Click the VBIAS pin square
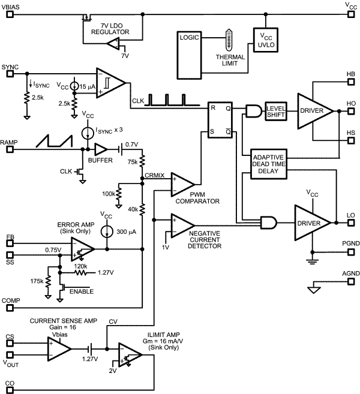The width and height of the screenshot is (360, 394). (7, 14)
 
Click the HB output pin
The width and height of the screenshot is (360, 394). (352, 83)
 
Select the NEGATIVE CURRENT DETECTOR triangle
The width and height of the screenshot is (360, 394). (182, 225)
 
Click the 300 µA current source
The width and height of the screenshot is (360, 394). (107, 231)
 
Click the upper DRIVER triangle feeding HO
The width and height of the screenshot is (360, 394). (316, 111)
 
